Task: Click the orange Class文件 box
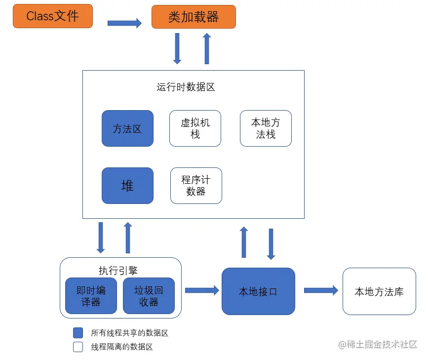(52, 16)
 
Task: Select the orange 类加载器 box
(194, 16)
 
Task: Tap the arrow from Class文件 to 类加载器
(124, 23)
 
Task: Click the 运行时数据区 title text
(186, 87)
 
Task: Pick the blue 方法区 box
(127, 128)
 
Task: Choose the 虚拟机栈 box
(195, 128)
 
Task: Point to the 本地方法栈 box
(266, 128)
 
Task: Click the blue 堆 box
(127, 186)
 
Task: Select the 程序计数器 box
(196, 186)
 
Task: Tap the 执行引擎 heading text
(118, 270)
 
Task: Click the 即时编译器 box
(91, 296)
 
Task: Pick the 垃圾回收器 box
(149, 296)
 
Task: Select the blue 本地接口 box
(258, 291)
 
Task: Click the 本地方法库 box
(379, 291)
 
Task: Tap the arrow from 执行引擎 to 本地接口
(202, 291)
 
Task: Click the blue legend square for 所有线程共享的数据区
(78, 332)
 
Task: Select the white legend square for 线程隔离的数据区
(78, 347)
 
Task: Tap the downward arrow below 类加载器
(177, 49)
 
